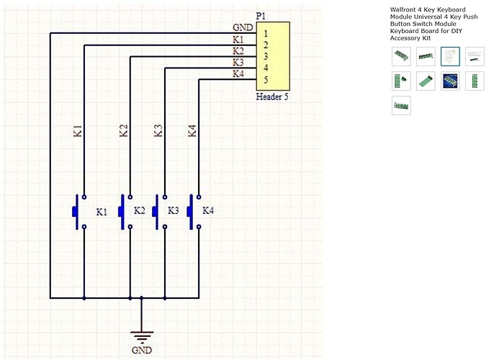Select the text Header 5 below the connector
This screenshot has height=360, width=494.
pyautogui.click(x=271, y=97)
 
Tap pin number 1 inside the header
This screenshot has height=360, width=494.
pyautogui.click(x=266, y=33)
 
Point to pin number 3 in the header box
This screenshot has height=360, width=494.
pyautogui.click(x=266, y=56)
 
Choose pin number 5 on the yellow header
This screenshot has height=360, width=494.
pyautogui.click(x=266, y=80)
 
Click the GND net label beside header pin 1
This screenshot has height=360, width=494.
pyautogui.click(x=242, y=28)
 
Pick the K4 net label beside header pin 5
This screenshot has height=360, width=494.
pyautogui.click(x=238, y=74)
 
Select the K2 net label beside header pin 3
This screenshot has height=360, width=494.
pyautogui.click(x=238, y=51)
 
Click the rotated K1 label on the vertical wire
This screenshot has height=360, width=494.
pyautogui.click(x=78, y=131)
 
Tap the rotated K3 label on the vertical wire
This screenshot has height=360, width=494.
pyautogui.click(x=158, y=131)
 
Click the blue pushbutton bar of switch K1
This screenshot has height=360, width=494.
pyautogui.click(x=75, y=211)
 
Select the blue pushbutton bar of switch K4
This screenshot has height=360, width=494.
pyautogui.click(x=190, y=211)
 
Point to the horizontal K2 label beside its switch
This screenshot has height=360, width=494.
pyautogui.click(x=139, y=211)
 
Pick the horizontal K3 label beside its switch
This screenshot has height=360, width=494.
pyautogui.click(x=173, y=211)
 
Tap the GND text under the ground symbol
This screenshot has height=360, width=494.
pyautogui.click(x=142, y=351)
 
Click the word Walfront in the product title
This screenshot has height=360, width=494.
pyautogui.click(x=405, y=9)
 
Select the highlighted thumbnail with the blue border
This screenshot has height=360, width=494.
pyautogui.click(x=450, y=56)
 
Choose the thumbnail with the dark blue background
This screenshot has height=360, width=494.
pyautogui.click(x=450, y=81)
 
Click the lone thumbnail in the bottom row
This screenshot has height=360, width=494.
pyautogui.click(x=401, y=105)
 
